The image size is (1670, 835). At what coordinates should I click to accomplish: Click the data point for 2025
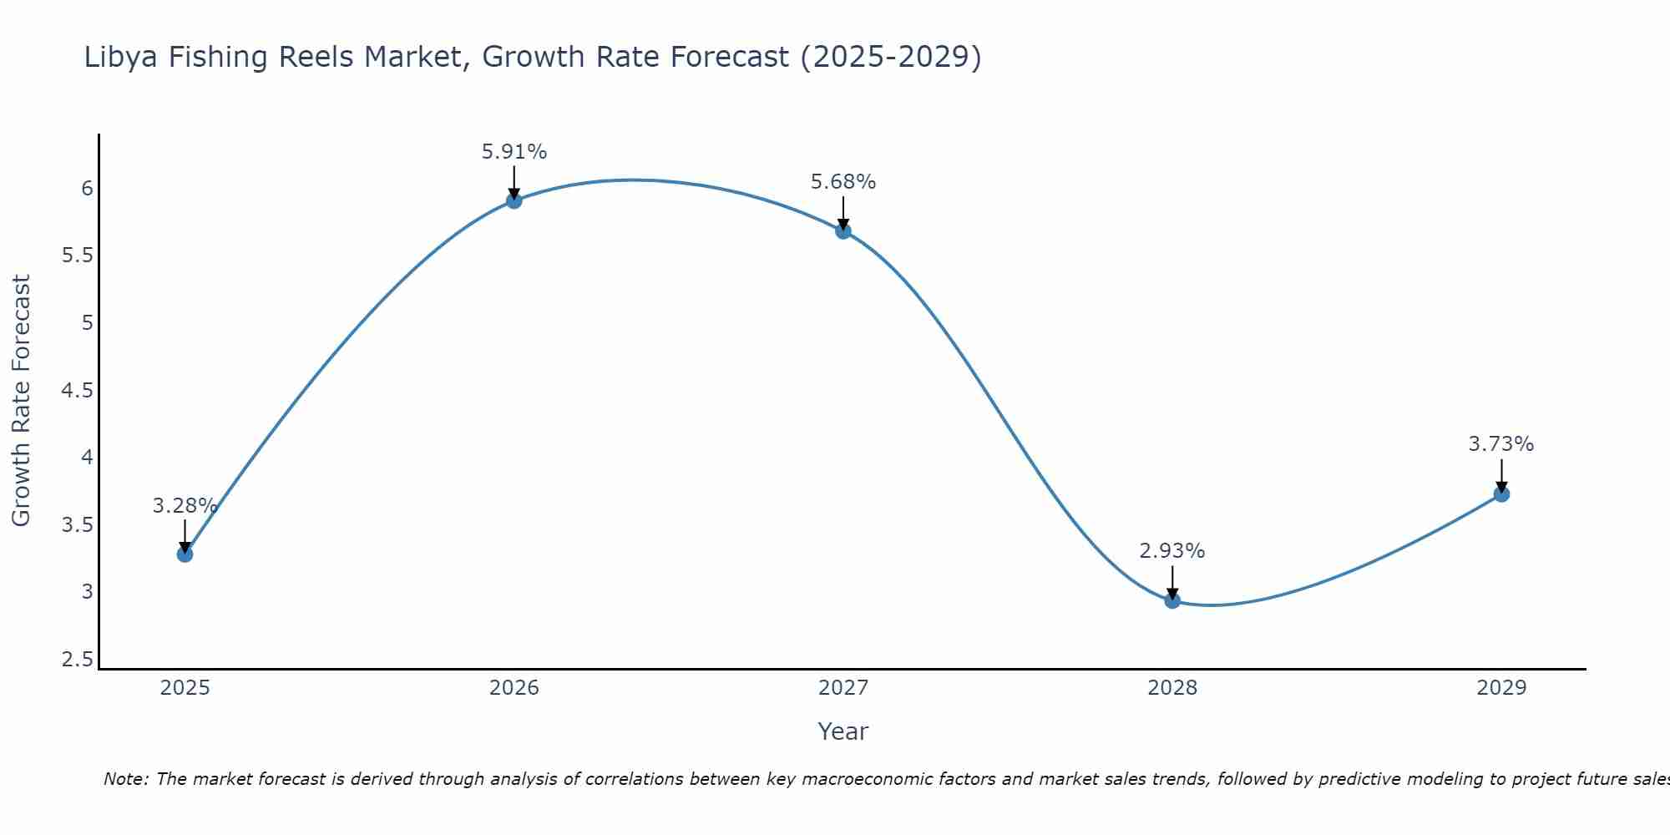click(x=185, y=554)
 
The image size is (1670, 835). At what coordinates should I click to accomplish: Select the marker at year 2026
click(x=514, y=200)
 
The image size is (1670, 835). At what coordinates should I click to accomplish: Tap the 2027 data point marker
click(x=843, y=231)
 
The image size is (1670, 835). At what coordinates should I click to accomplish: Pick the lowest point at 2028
click(x=1172, y=600)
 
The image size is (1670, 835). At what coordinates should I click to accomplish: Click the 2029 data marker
click(x=1501, y=494)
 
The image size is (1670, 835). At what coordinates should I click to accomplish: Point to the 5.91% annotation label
click(x=514, y=152)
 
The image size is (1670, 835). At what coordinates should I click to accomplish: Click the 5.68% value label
click(x=843, y=182)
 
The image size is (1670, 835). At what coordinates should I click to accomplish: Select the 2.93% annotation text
click(x=1172, y=551)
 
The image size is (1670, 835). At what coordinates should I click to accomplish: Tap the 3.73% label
click(x=1501, y=444)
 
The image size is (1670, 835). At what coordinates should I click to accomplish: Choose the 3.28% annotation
click(x=185, y=506)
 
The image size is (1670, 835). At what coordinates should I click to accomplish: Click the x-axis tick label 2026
click(x=514, y=688)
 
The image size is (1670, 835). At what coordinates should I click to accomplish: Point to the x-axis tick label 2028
click(x=1172, y=688)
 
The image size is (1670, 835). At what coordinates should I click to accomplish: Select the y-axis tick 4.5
click(x=77, y=391)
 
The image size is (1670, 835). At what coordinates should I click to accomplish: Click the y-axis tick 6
click(x=87, y=189)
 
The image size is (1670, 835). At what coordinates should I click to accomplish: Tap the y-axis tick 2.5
click(x=77, y=660)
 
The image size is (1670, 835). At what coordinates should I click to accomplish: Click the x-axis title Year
click(x=843, y=731)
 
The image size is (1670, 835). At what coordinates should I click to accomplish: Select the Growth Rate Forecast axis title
click(x=21, y=400)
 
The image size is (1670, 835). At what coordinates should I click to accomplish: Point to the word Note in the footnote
click(x=125, y=779)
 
